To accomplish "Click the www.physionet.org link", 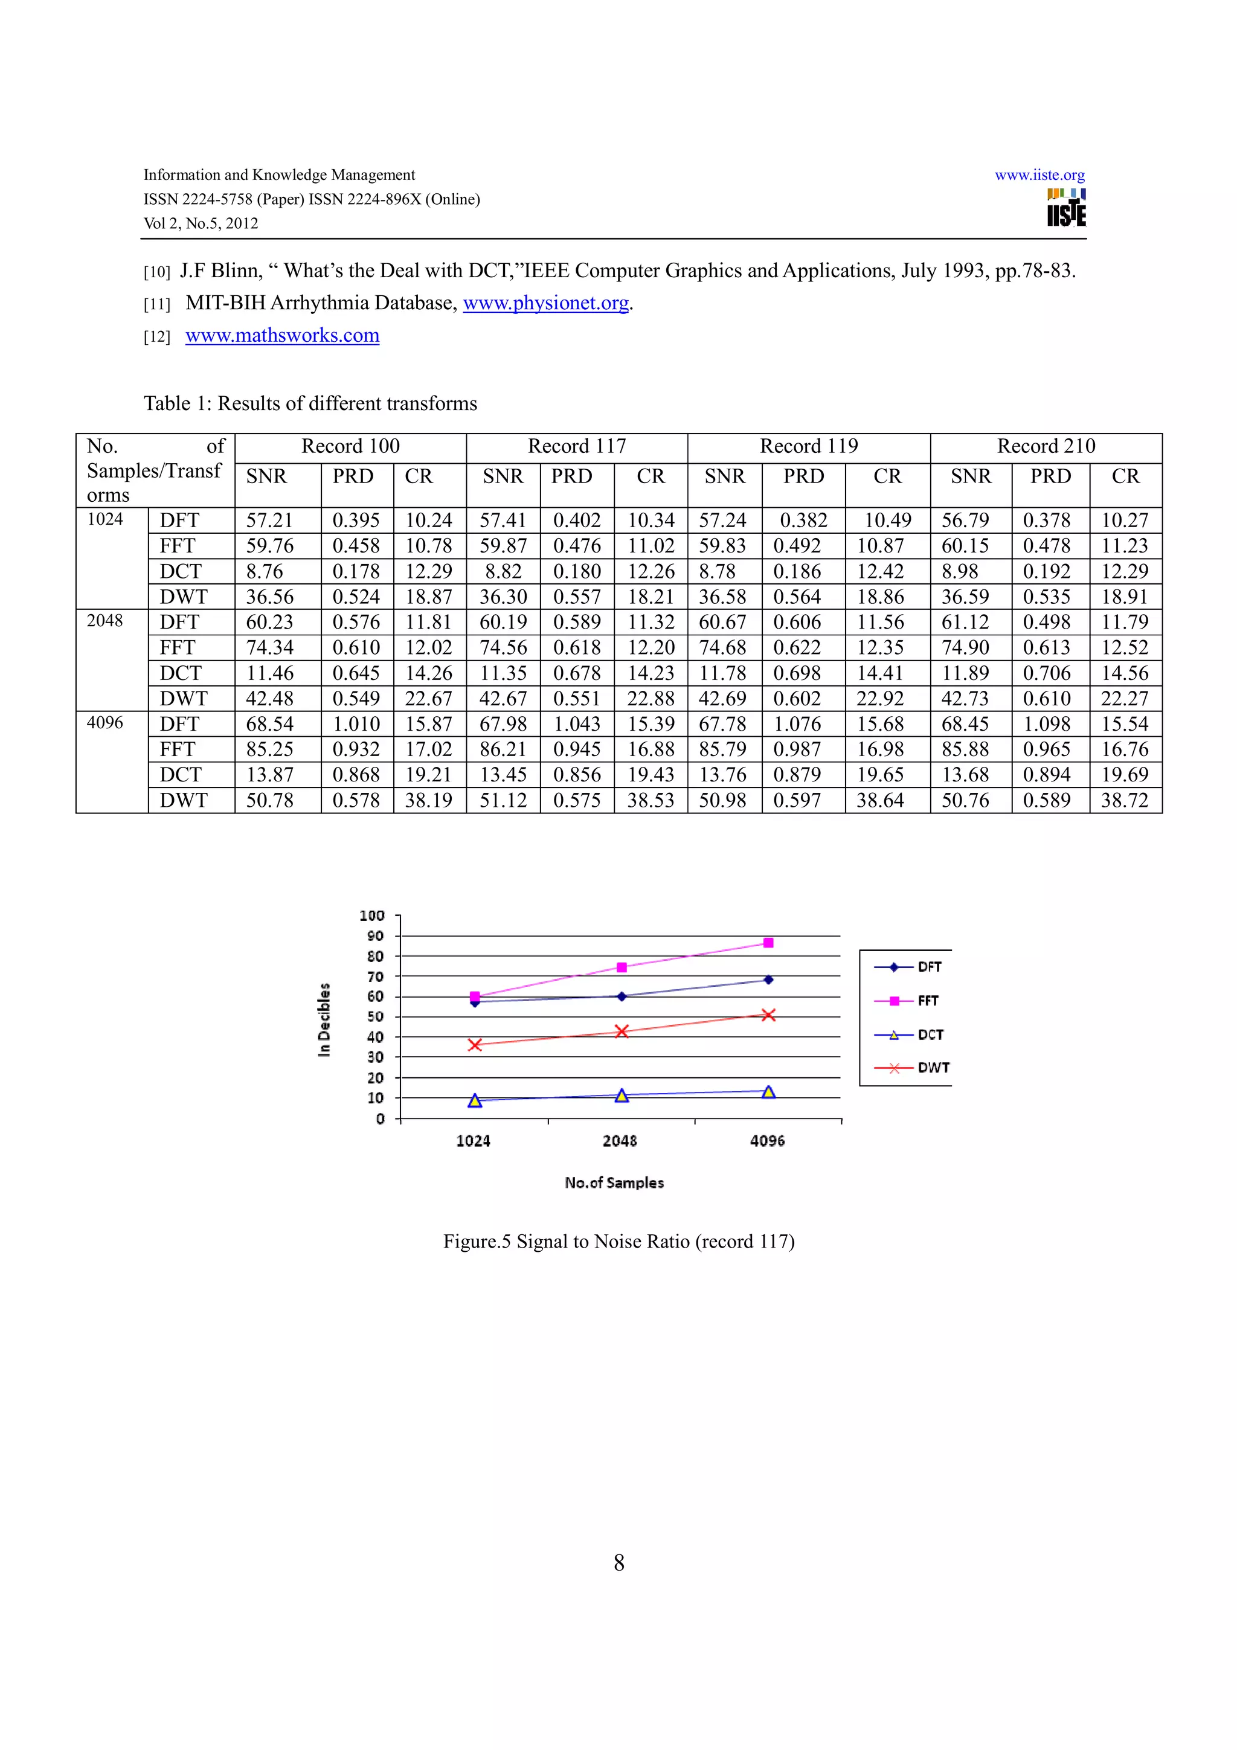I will pos(545,303).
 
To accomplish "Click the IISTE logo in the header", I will pos(1066,208).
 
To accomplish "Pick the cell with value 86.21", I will pos(503,749).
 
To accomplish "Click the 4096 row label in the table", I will pos(105,723).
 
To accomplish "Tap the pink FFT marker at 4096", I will pos(768,943).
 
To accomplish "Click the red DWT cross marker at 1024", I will pos(475,1045).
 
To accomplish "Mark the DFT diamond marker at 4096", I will pos(768,979).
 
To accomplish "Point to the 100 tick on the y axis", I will pos(372,915).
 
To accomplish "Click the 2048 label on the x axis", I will pos(620,1141).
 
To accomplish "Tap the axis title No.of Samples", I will pos(614,1183).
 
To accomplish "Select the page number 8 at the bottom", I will pos(619,1563).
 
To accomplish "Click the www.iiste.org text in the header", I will pos(1039,175).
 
